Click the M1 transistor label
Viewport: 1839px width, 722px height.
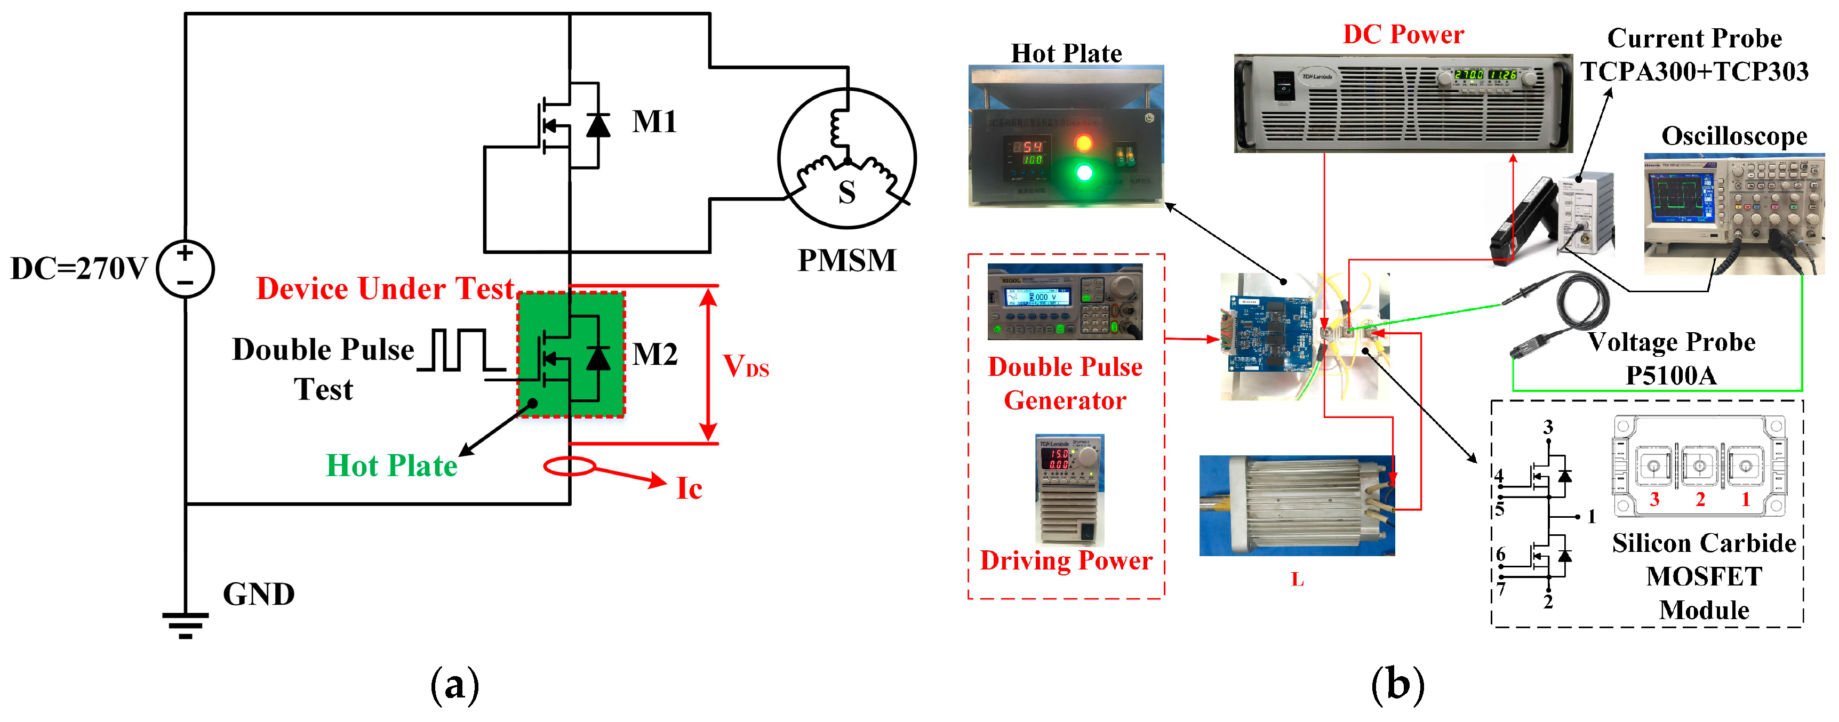(654, 122)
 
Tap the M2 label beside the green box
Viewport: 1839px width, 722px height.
(654, 354)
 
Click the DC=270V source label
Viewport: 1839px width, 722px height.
(78, 269)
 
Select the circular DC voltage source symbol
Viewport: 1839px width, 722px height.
(185, 269)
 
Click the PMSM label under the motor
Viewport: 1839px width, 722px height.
(846, 260)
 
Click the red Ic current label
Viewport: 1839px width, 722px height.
(689, 488)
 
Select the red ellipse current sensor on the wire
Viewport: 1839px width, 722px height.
(570, 467)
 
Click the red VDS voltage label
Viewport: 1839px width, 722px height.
(745, 367)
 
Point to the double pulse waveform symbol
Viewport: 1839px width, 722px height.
(460, 350)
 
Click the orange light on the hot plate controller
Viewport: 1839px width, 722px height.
(1083, 143)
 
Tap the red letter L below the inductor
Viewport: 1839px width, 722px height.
(1297, 579)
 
